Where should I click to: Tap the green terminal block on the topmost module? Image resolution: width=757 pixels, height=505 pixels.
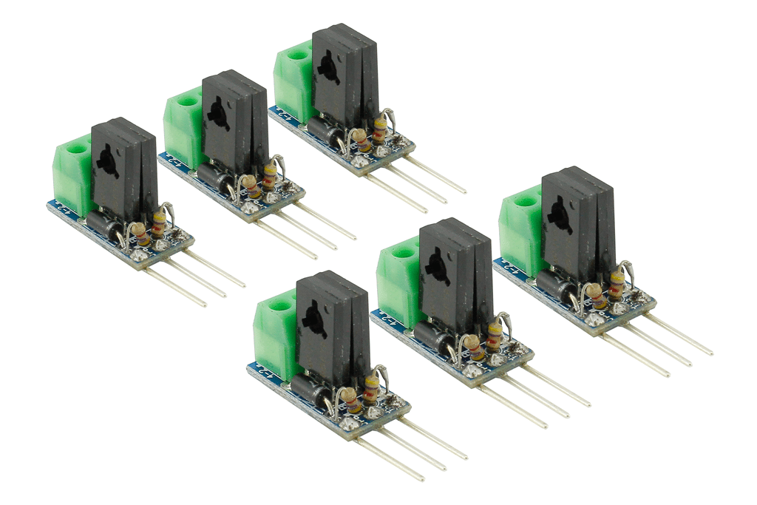pos(292,78)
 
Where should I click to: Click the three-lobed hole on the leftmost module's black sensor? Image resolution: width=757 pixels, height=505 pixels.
pos(107,157)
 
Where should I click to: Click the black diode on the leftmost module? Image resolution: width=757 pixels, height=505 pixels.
pos(103,224)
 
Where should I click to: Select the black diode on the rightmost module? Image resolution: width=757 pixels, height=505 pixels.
pos(552,285)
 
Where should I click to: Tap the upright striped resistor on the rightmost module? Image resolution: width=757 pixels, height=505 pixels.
pos(616,283)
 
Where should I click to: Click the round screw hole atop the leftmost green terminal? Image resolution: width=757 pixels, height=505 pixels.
pos(73,149)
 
